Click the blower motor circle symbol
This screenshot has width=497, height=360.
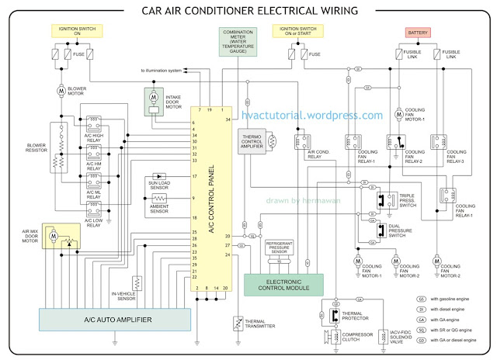pos(61,91)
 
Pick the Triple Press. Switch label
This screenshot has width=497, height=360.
pos(415,202)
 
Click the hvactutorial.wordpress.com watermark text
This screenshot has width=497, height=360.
pos(323,116)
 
